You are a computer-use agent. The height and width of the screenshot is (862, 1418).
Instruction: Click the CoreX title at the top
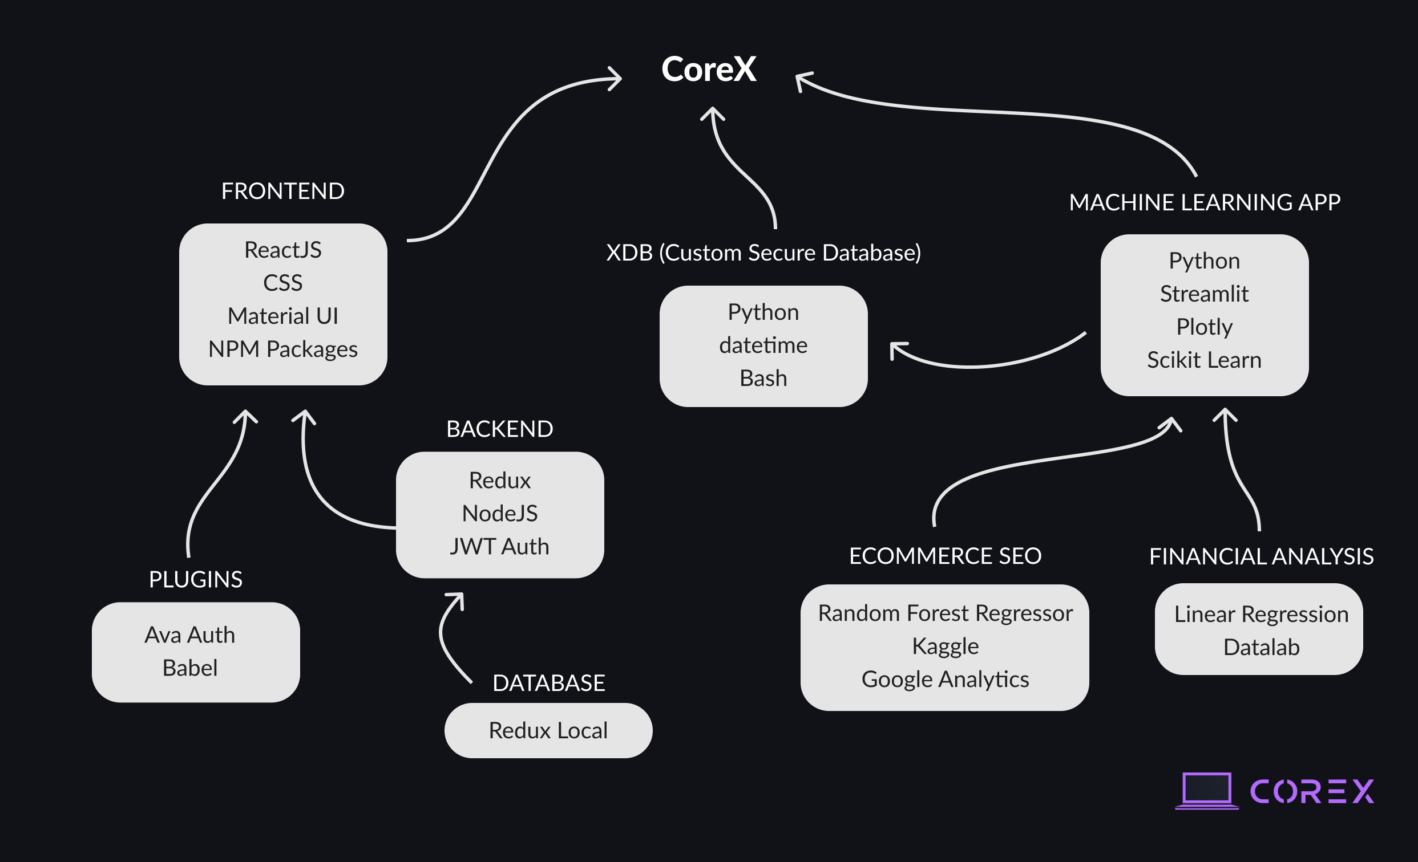coord(708,70)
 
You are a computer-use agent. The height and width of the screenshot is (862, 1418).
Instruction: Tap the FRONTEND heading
coord(282,191)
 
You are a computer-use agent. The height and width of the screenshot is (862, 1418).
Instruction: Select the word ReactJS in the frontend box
coord(282,250)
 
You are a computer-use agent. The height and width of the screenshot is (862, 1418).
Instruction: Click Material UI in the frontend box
coord(282,316)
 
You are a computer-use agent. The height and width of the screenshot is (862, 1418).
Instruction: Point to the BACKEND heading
coord(499,429)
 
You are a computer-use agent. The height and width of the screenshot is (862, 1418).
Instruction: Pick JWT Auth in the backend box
coord(499,546)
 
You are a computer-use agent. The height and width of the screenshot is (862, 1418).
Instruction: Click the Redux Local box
coord(548,730)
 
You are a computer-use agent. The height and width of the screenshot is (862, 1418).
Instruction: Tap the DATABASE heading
coord(548,683)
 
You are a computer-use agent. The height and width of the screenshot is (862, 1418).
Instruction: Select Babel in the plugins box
coord(190,668)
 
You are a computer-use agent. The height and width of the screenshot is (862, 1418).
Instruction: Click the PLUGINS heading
coord(196,580)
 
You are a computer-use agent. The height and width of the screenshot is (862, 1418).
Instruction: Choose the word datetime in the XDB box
coord(763,345)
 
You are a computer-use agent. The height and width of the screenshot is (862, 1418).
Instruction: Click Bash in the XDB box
coord(763,379)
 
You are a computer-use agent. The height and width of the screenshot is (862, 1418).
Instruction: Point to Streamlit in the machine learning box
coord(1204,294)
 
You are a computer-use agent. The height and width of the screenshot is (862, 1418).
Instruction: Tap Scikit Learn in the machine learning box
coord(1204,360)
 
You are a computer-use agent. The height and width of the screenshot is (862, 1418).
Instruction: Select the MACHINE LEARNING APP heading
coord(1205,202)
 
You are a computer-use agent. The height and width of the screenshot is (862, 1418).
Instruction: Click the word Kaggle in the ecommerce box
coord(945,646)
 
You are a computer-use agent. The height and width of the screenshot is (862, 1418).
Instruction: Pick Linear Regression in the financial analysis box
coord(1261,614)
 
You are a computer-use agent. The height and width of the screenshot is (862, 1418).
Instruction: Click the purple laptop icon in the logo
coord(1206,791)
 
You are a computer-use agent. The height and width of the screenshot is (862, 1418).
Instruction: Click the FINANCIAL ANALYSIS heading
coord(1261,556)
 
